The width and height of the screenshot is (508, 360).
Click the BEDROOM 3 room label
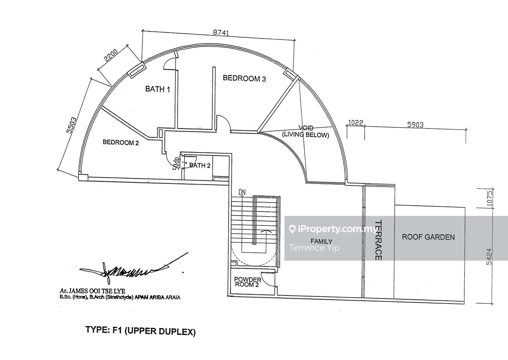tap(244, 78)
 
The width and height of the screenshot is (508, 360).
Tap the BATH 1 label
tap(158, 89)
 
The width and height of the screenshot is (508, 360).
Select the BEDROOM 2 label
tap(121, 143)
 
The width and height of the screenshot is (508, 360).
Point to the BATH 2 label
tap(200, 165)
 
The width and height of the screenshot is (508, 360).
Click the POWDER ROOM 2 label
tap(248, 282)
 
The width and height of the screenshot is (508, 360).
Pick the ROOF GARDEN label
tap(428, 237)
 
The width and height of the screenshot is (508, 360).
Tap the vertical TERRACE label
tap(379, 240)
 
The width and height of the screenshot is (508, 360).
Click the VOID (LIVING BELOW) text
tap(306, 131)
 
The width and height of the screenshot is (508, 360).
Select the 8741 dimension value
tap(221, 32)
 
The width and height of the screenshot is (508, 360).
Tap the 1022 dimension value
tap(356, 123)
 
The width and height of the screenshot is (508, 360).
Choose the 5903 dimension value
tap(415, 125)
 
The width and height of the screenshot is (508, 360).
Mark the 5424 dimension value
tap(489, 257)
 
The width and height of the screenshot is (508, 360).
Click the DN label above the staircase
tap(242, 192)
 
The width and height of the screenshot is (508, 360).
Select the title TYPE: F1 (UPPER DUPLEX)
tap(140, 331)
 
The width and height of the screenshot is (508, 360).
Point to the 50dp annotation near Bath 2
tap(175, 164)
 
